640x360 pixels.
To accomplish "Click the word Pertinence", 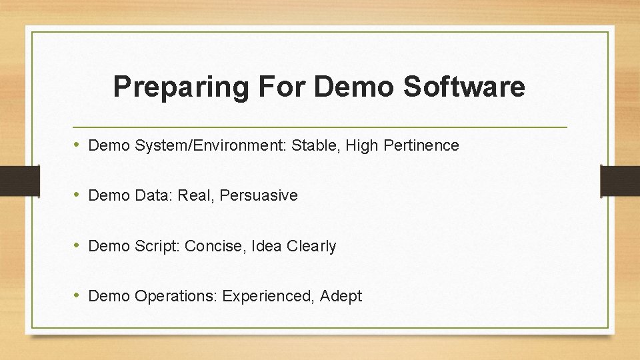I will pos(421,145).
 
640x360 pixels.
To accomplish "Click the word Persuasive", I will pos(259,195).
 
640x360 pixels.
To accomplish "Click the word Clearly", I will pos(311,246).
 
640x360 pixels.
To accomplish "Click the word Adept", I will pos(341,296).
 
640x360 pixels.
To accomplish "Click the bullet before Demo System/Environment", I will pos(78,145).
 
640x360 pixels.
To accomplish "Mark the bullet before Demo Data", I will pos(78,195).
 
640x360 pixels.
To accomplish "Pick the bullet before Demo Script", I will pos(78,245).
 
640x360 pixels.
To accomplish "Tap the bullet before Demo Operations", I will pos(78,295).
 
